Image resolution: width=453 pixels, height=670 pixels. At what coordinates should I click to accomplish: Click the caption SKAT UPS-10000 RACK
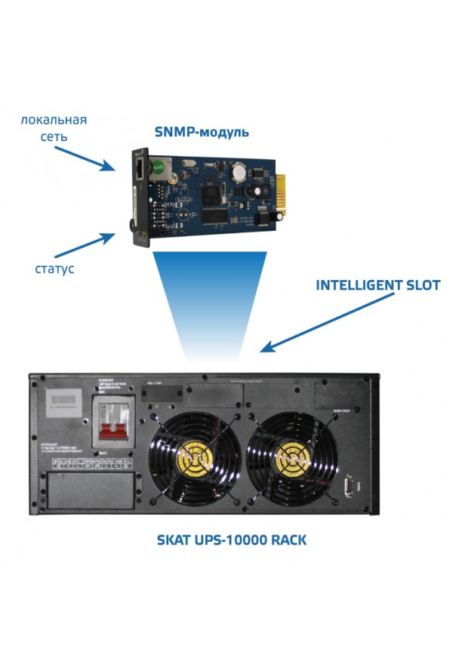coord(231,540)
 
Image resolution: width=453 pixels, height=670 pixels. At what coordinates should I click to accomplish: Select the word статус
coord(54,269)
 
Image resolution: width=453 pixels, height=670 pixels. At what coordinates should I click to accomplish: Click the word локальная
coord(54,120)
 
